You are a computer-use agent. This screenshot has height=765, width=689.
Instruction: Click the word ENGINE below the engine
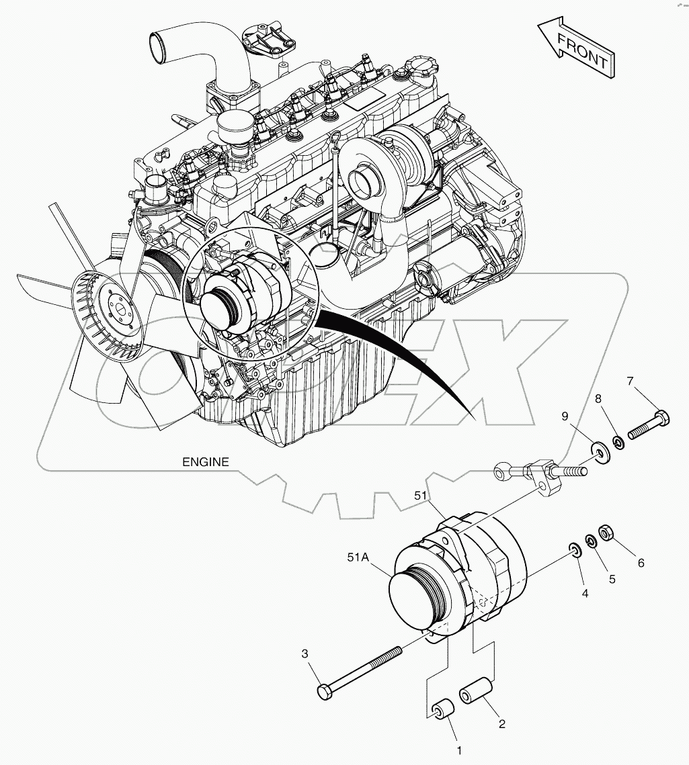206,462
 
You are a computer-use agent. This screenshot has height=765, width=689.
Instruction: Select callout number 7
630,382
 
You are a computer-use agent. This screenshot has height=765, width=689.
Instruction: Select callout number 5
612,578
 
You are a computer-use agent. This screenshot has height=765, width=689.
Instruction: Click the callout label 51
421,496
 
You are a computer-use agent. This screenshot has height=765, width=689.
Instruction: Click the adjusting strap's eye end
503,471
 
